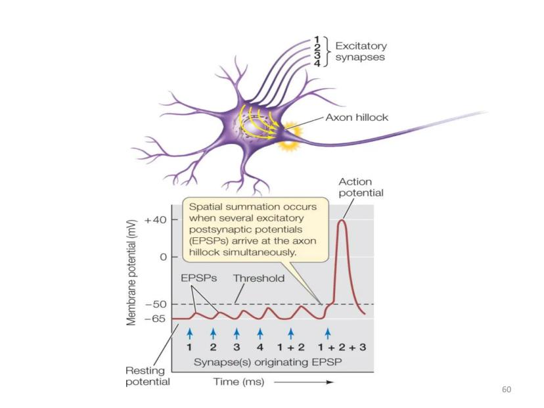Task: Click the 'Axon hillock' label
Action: [x=357, y=118]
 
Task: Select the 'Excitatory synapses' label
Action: [x=361, y=52]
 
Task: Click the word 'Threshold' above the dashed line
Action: [x=259, y=279]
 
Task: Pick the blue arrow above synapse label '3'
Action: [x=237, y=333]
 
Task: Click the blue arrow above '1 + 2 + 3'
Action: [x=328, y=333]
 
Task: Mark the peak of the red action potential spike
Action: [x=342, y=221]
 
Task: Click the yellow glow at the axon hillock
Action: [x=288, y=139]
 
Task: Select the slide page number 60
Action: [x=506, y=390]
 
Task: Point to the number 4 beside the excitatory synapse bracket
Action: [x=317, y=64]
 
